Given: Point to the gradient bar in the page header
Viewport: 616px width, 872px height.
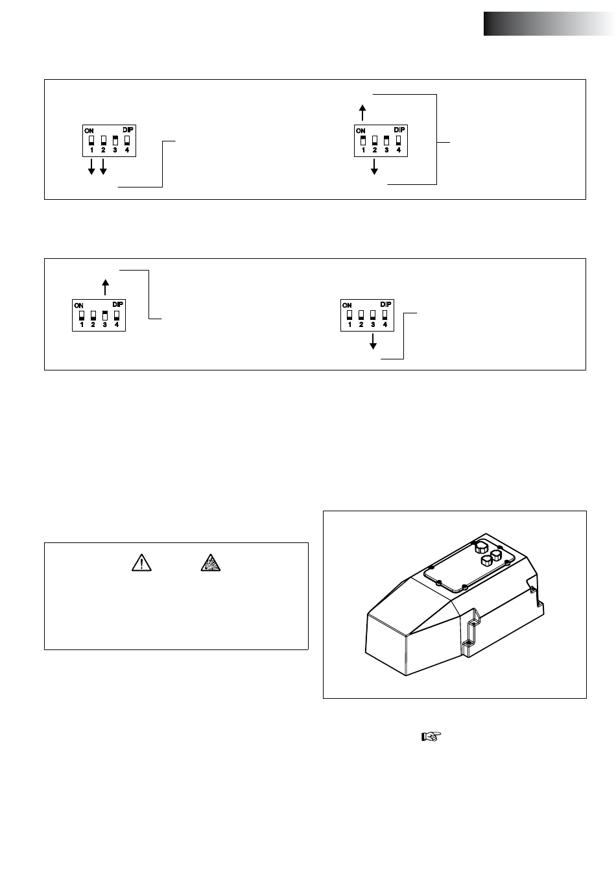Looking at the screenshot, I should pyautogui.click(x=549, y=23).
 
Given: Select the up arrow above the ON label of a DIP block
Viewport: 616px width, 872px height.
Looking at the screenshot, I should pyautogui.click(x=363, y=113).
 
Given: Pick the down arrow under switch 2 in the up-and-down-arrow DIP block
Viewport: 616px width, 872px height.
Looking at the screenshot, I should pyautogui.click(x=375, y=167).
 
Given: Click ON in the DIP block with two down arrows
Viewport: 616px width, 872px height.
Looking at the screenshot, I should pyautogui.click(x=89, y=130).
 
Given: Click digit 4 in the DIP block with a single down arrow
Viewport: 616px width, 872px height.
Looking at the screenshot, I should pyautogui.click(x=385, y=325).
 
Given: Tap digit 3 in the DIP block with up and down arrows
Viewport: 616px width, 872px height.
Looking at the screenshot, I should pyautogui.click(x=386, y=150).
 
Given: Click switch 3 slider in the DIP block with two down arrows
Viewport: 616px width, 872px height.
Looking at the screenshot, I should pyautogui.click(x=115, y=139).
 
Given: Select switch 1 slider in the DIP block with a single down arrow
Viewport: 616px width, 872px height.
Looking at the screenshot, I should pyautogui.click(x=350, y=315).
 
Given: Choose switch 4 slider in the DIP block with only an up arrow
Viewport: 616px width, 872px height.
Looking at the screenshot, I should pyautogui.click(x=117, y=315).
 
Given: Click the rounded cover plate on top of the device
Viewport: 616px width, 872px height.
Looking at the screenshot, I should pyautogui.click(x=467, y=568).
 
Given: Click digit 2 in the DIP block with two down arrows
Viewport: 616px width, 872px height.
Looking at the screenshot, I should pyautogui.click(x=103, y=150).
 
